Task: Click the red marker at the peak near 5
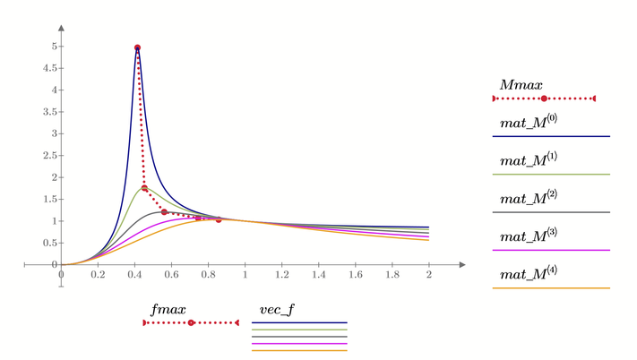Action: (137, 47)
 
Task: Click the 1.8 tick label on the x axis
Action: (392, 275)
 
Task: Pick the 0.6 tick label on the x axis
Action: (171, 275)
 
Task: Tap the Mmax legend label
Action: (521, 84)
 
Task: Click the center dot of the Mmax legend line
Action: (544, 99)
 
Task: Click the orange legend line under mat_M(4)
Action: (550, 288)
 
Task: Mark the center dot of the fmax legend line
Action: (190, 322)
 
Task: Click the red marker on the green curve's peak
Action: (144, 188)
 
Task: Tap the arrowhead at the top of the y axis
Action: (60, 18)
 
